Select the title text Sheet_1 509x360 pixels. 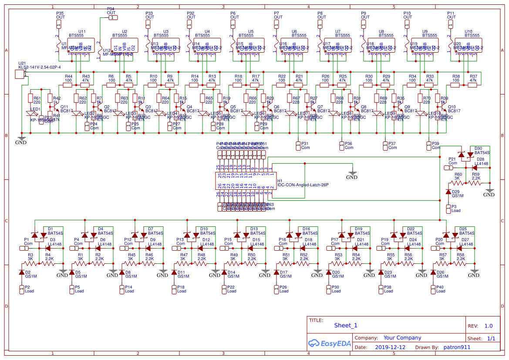coord(346,325)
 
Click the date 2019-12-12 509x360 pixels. coord(390,347)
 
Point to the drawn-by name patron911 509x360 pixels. coord(457,347)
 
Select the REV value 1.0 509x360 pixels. coord(489,326)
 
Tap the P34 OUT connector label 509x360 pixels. coord(111,11)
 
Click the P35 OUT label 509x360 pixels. coord(60,16)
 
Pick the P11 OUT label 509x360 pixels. coord(451,16)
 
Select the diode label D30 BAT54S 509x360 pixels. coord(482,151)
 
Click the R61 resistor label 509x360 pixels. coord(37,100)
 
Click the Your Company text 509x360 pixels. coord(402,338)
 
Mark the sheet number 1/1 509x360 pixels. coord(491,338)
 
